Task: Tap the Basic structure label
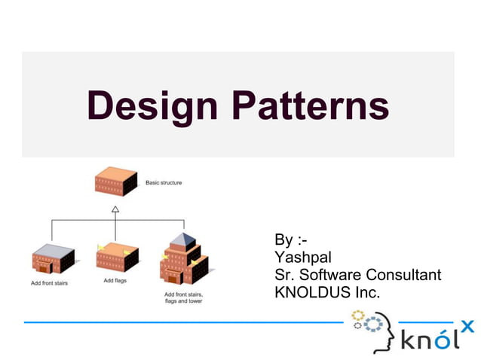163,182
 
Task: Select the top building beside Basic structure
115,183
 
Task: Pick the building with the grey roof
54,259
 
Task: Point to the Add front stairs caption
51,283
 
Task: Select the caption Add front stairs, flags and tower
183,297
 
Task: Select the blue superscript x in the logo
467,325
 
